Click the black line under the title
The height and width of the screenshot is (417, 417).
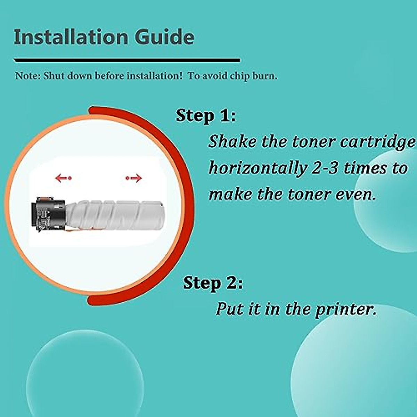[127, 60]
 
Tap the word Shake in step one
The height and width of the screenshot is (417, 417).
[232, 141]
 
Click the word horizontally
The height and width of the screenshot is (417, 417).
[257, 168]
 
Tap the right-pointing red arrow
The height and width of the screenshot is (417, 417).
[134, 178]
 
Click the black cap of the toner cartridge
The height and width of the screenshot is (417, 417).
[49, 214]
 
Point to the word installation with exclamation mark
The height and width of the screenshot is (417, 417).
[154, 76]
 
